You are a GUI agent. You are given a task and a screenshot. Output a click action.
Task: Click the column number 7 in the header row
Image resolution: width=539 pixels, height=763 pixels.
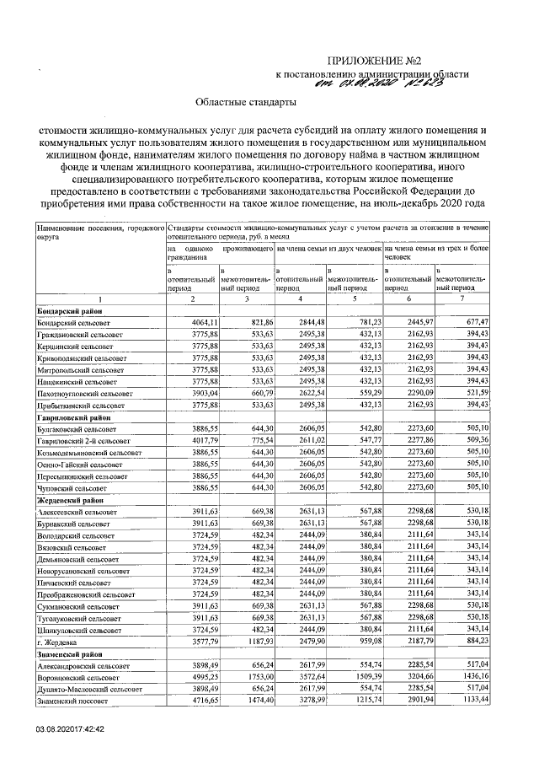tap(462, 299)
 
